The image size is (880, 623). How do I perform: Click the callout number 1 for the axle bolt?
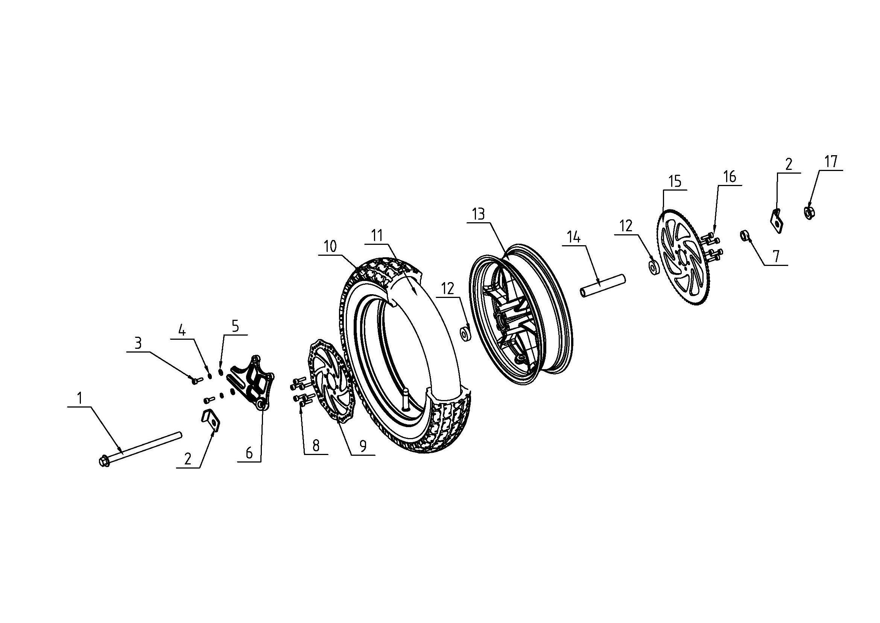point(80,399)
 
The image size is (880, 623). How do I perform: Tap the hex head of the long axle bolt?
point(103,462)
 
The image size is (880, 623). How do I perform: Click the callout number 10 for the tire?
point(330,246)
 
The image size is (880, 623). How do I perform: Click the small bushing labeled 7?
point(744,234)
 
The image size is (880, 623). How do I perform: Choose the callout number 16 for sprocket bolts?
point(730,177)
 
